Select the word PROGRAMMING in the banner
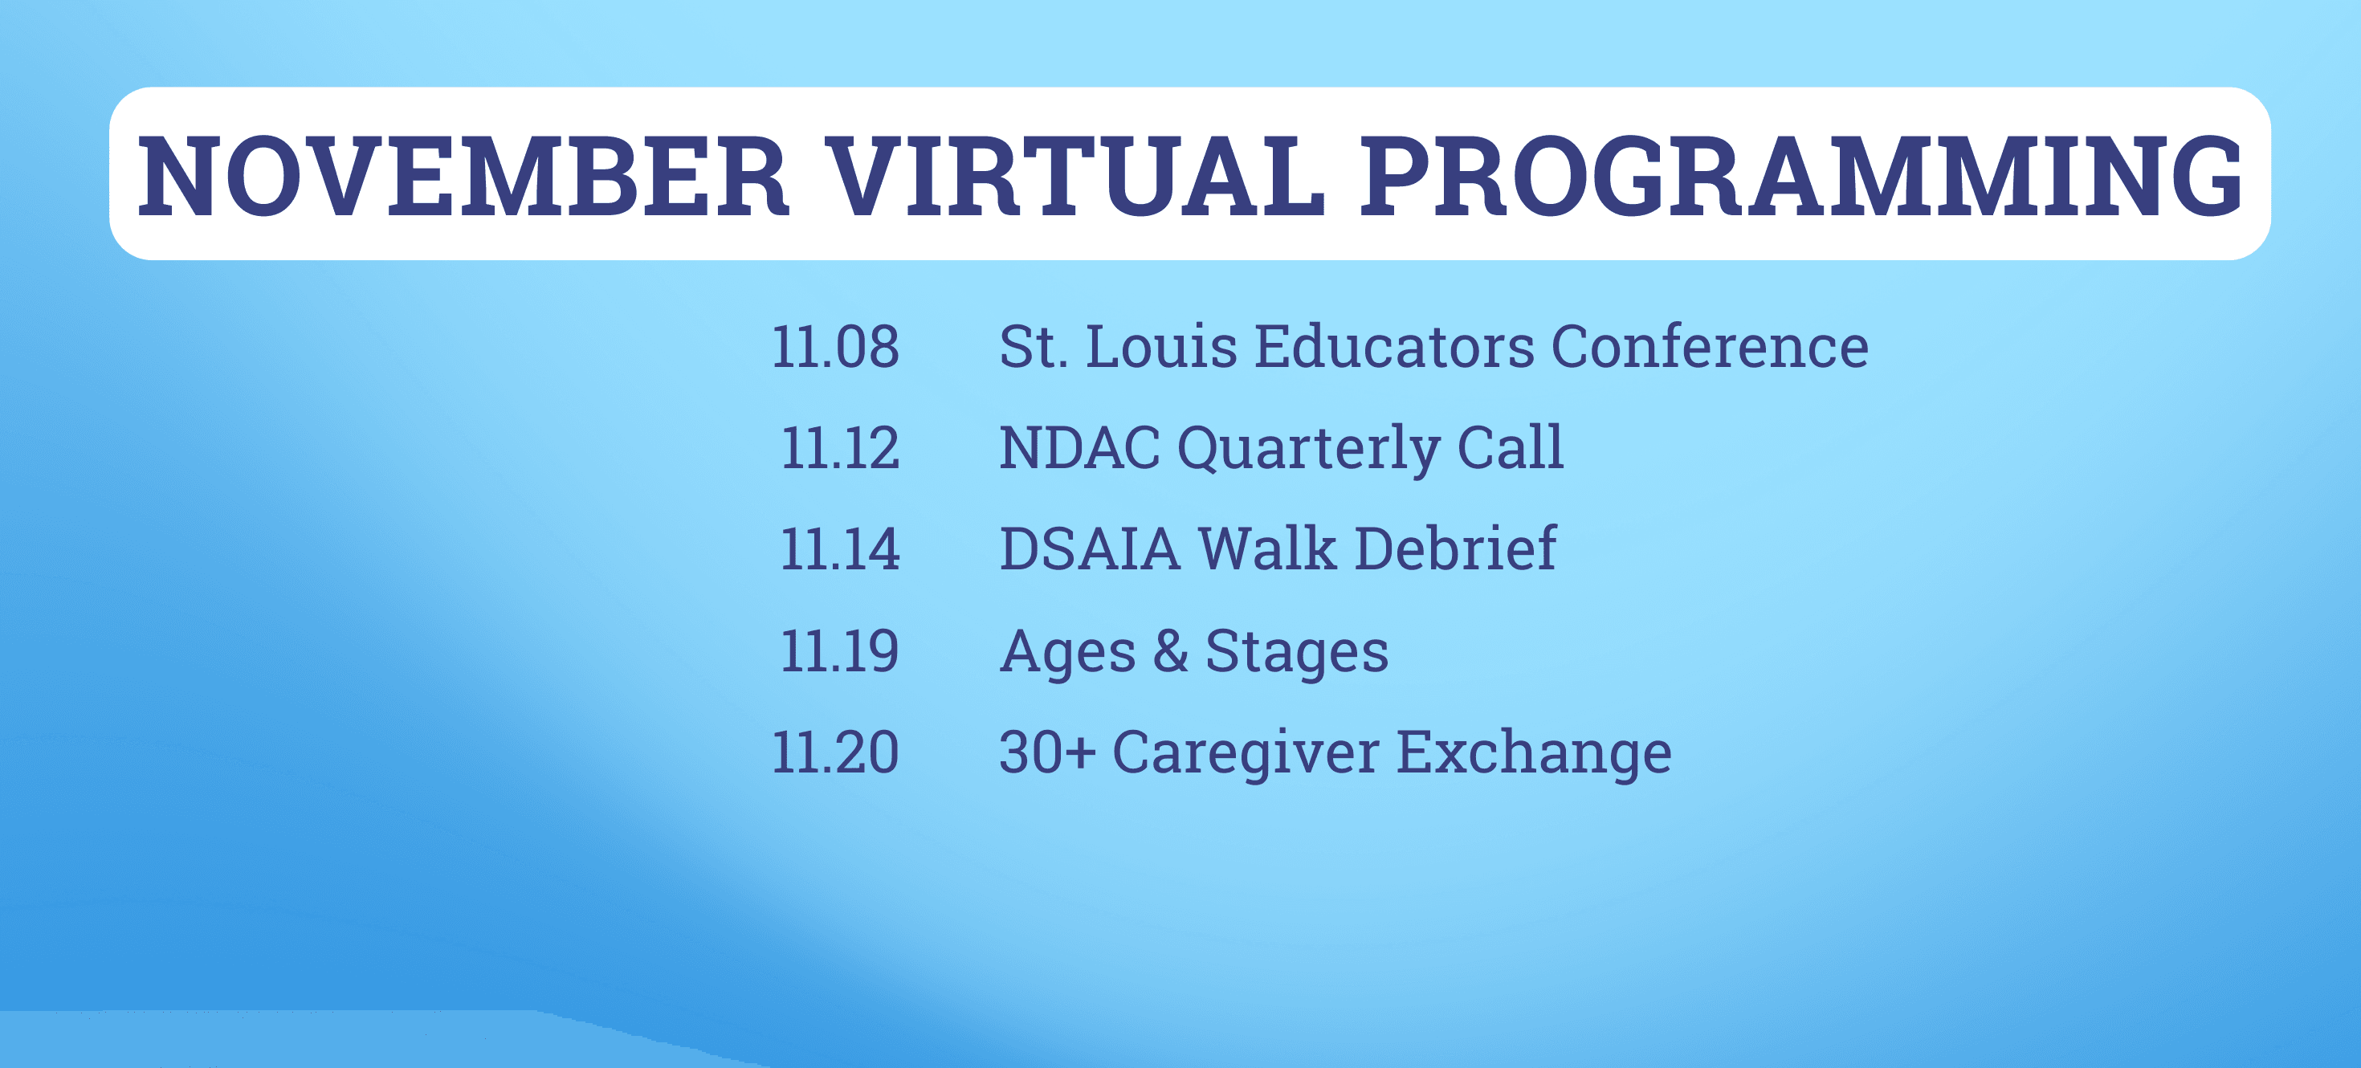tap(1801, 176)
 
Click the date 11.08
tap(835, 348)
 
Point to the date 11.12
tap(839, 449)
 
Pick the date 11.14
tap(839, 550)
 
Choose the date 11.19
tap(839, 652)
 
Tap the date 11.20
tap(835, 752)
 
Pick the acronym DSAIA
tap(1090, 550)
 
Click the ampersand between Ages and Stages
tap(1170, 651)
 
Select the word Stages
tap(1297, 654)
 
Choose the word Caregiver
tap(1246, 755)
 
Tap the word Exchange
tap(1535, 755)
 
